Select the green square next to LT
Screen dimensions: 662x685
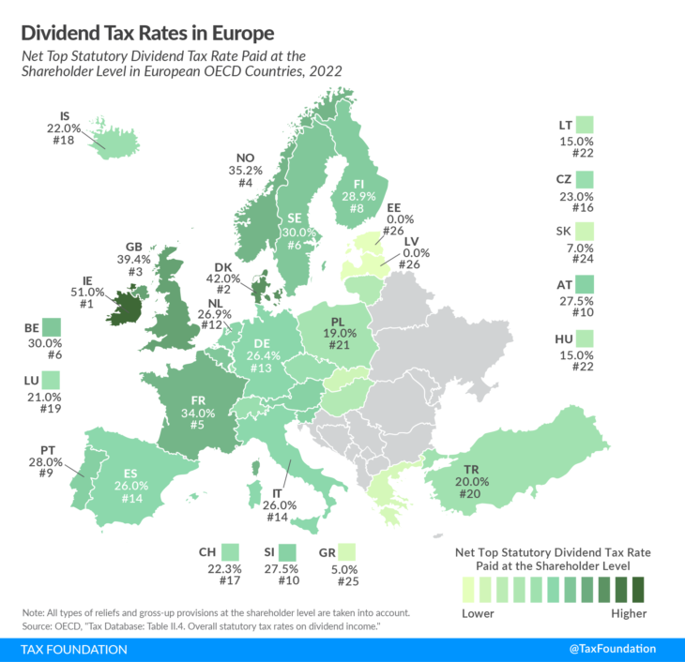point(586,125)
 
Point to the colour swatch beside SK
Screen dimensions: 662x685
point(586,232)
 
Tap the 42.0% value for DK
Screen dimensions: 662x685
point(228,278)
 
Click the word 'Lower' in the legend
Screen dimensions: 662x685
point(479,614)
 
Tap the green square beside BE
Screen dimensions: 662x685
point(51,328)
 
